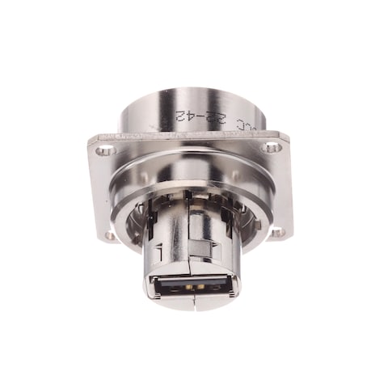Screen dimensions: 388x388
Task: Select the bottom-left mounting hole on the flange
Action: coord(111,235)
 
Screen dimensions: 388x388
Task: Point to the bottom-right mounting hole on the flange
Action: coord(277,232)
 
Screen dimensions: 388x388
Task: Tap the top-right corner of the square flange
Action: coord(289,134)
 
